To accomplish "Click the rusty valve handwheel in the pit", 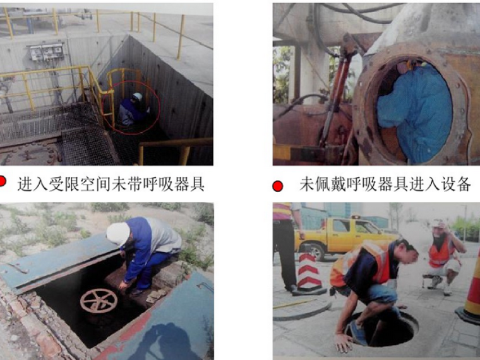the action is tap(99, 301).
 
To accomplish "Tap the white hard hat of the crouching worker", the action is tap(118, 234).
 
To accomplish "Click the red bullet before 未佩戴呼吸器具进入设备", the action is tap(278, 186).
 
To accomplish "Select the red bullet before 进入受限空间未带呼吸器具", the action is tap(2, 181).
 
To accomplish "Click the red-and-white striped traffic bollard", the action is tap(309, 273).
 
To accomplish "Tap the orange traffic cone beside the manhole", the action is tap(470, 294).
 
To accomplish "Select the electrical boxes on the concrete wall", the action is tap(47, 52).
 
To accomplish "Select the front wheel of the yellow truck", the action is tap(316, 253).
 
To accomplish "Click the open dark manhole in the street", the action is tap(383, 329).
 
